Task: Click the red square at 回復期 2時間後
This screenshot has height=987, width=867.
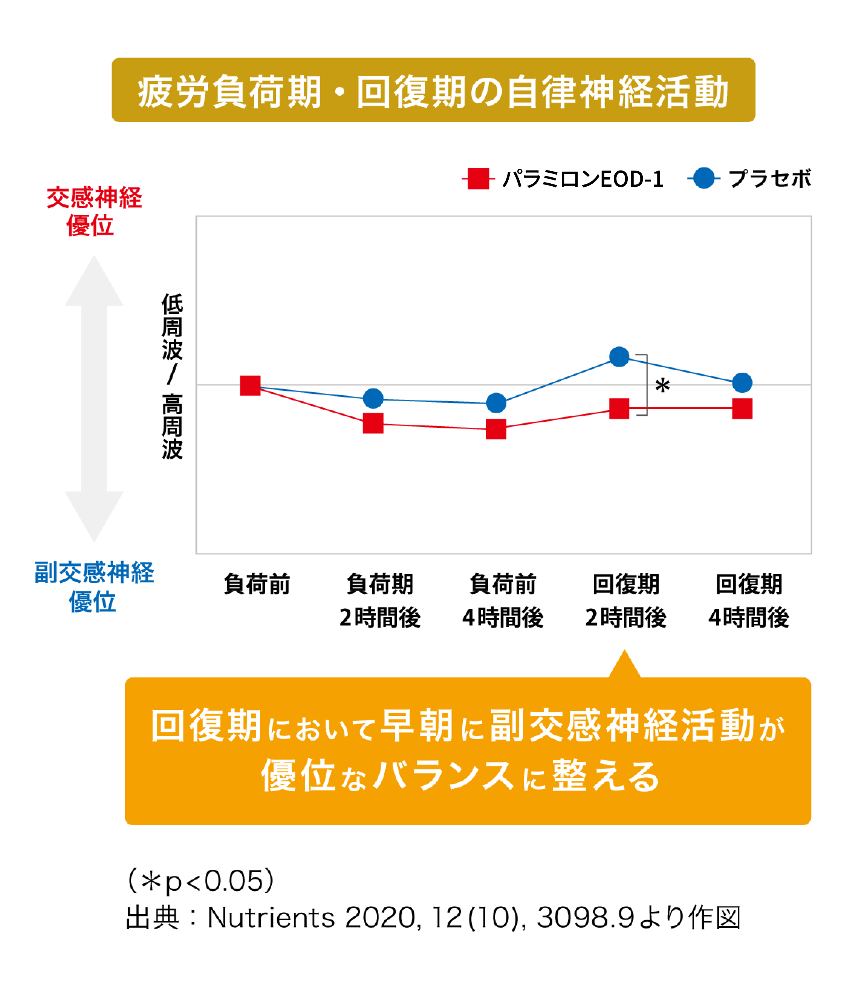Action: click(619, 408)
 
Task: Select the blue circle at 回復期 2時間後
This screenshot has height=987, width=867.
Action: click(619, 357)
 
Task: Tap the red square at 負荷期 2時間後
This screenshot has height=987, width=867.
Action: click(373, 423)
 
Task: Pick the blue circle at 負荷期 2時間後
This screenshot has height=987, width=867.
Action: click(373, 398)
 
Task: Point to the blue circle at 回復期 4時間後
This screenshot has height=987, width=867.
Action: click(742, 383)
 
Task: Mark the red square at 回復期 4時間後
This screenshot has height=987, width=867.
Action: click(742, 408)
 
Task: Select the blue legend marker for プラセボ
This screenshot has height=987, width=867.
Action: click(704, 178)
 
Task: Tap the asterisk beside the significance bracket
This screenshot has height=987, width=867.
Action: click(662, 386)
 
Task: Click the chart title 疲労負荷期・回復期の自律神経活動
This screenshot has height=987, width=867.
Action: click(433, 91)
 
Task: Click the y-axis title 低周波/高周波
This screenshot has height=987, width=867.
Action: click(172, 377)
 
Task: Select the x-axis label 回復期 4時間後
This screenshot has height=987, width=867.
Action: click(748, 601)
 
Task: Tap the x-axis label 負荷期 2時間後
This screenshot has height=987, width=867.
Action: click(380, 601)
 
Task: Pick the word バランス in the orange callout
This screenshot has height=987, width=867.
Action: click(444, 776)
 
